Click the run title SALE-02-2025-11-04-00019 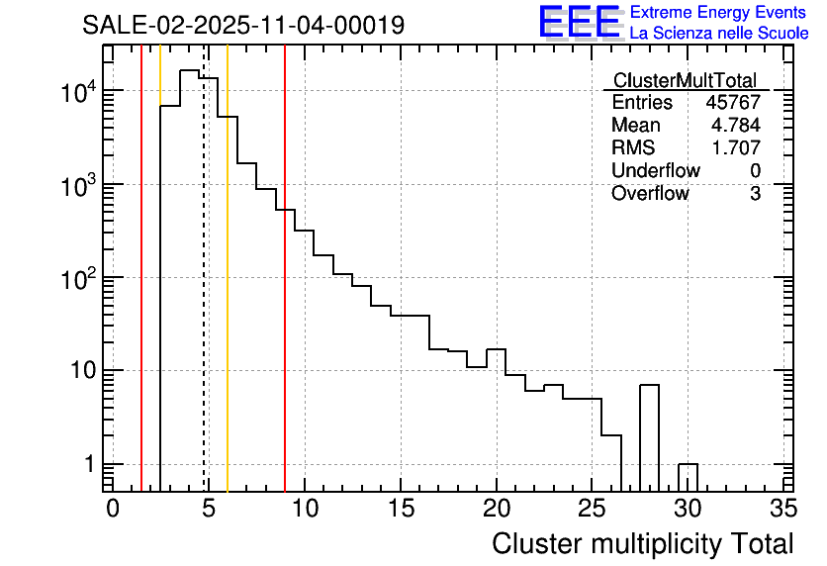[243, 25]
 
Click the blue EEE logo [580, 22]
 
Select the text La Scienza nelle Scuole [719, 33]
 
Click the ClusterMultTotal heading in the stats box [685, 80]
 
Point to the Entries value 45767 [733, 103]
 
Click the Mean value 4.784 [738, 126]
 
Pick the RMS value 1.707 [738, 148]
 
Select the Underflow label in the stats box [655, 171]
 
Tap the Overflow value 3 [755, 194]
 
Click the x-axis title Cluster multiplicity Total [642, 543]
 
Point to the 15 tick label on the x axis [401, 509]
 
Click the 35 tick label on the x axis [783, 509]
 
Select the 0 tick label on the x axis [113, 509]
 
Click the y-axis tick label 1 [89, 464]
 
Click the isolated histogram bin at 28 [649, 435]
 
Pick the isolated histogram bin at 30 [688, 476]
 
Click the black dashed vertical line [204, 297]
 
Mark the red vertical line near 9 [285, 297]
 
